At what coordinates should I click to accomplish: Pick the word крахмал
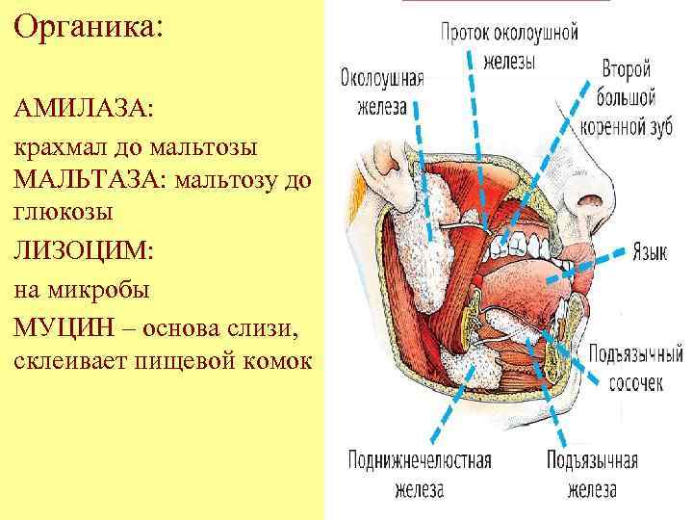(x=60, y=148)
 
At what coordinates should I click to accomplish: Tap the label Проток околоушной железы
(x=509, y=44)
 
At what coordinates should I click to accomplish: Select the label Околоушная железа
(x=381, y=92)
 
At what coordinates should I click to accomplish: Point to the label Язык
(x=651, y=254)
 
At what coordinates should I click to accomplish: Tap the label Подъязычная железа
(x=592, y=475)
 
